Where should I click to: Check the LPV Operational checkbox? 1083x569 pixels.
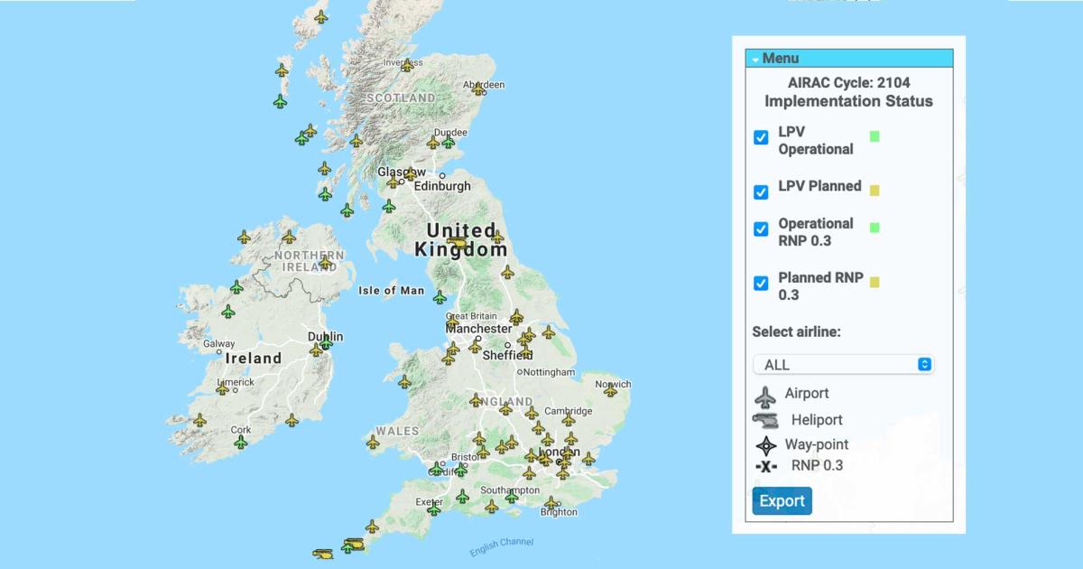coord(761,137)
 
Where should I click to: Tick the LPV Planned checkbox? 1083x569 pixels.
coord(761,191)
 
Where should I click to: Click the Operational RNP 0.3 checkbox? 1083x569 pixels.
coord(761,229)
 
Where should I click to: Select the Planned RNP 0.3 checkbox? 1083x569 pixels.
coord(761,284)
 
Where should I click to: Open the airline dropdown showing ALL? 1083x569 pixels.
coord(843,364)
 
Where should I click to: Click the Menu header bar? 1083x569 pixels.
coord(848,59)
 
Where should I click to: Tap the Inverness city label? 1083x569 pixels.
coord(403,62)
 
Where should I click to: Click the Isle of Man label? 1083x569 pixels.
coord(391,290)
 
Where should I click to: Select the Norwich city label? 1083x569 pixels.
coord(613,384)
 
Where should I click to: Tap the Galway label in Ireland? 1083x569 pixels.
coord(219,343)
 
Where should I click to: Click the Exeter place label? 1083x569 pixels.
coord(429,501)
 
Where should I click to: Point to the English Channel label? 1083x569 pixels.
coord(502,546)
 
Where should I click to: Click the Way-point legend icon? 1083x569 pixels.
coord(766,444)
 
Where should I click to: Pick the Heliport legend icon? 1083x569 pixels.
coord(766,420)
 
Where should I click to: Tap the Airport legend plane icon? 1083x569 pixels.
coord(765,396)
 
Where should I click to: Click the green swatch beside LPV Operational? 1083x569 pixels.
coord(874,136)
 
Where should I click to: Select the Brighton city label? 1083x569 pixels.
coord(559,512)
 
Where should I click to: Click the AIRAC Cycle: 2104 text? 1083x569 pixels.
coord(848,82)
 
